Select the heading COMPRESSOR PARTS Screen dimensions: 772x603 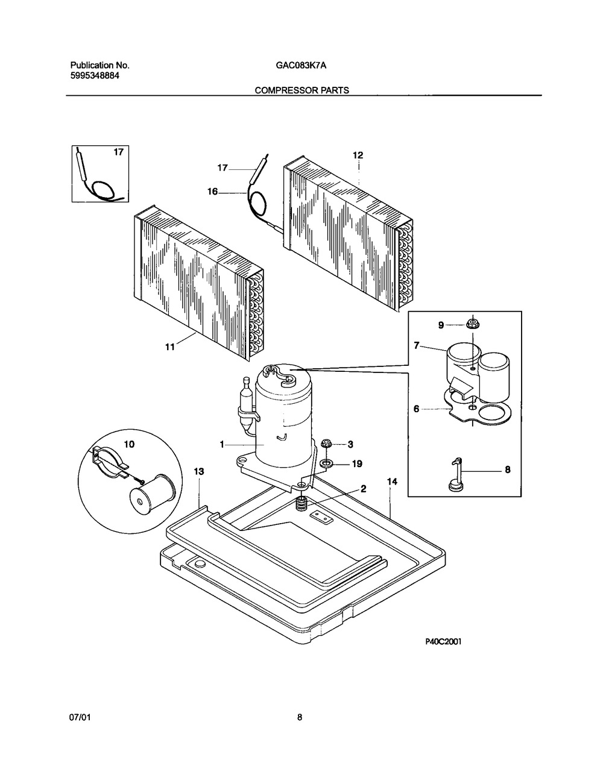pos(301,90)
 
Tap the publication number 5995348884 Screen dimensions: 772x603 pos(90,76)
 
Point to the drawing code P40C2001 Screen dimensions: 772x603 pos(443,642)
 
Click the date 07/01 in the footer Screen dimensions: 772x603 pos(80,718)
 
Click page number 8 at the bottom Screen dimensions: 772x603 pos(300,718)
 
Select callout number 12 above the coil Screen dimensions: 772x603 pos(358,155)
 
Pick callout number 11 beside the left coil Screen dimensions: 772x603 pos(169,347)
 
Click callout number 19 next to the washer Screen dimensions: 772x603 pos(358,463)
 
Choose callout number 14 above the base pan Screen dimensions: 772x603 pos(392,482)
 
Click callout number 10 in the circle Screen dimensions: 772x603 pos(129,444)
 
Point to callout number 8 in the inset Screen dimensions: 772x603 pos(507,469)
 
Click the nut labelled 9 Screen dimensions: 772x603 pos(473,325)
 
